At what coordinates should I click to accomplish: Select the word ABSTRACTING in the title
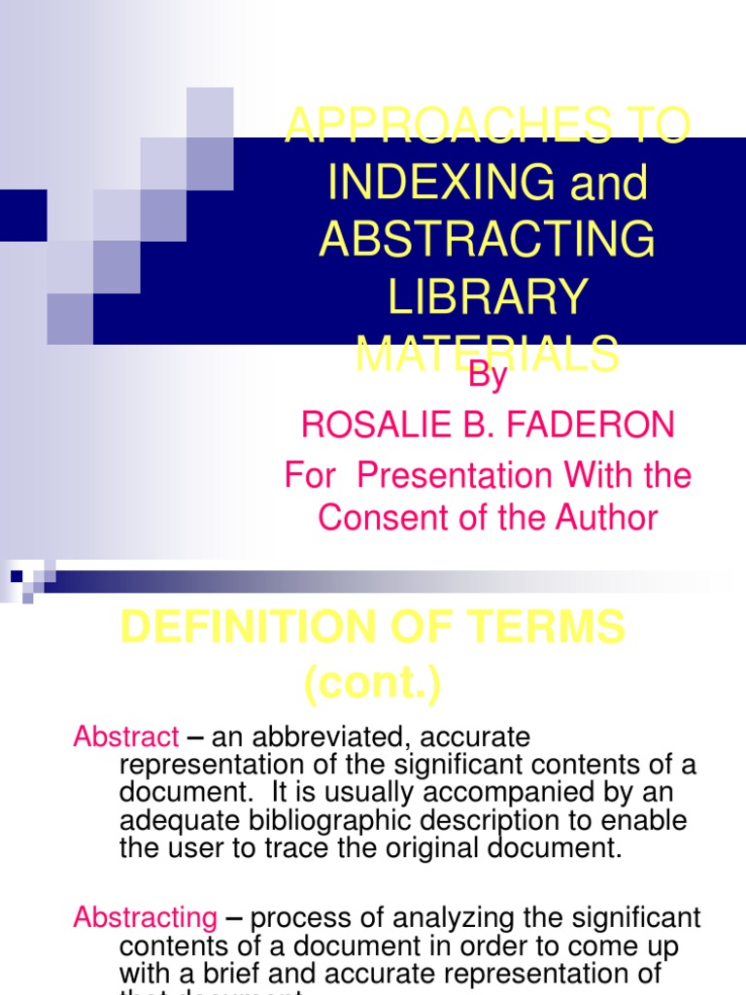coord(488,240)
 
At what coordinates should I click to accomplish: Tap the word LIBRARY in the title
coord(488,296)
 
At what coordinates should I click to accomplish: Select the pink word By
coord(488,376)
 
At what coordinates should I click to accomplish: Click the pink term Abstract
coord(126,738)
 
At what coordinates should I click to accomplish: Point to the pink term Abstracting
coord(146,917)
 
